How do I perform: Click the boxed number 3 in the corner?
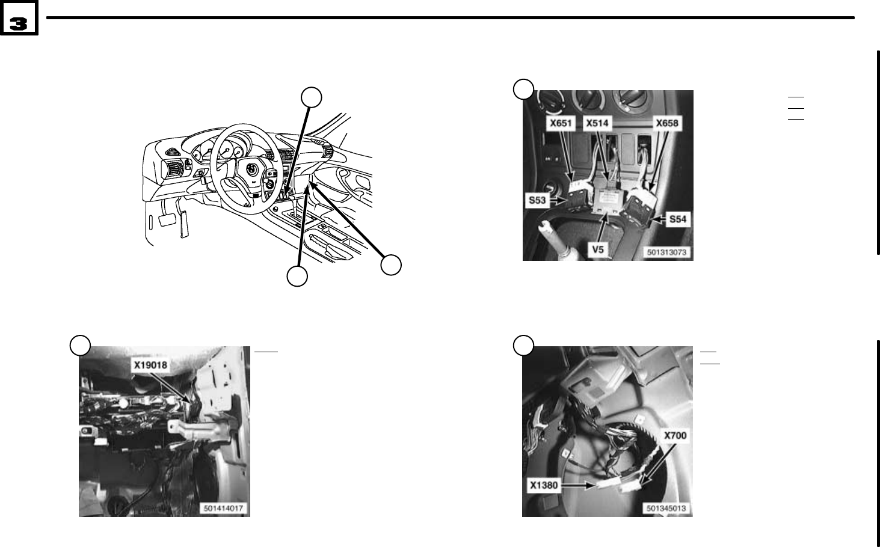(x=19, y=18)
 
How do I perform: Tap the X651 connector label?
(x=561, y=123)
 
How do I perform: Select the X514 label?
(x=597, y=123)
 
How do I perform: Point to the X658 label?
(x=667, y=123)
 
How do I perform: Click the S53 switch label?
(x=537, y=200)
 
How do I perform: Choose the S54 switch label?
(x=678, y=219)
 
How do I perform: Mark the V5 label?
(x=597, y=249)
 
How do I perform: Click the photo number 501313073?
(x=666, y=252)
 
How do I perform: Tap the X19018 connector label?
(x=150, y=365)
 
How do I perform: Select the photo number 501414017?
(x=223, y=508)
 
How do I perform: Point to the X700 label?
(x=675, y=435)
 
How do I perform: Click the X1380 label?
(x=544, y=485)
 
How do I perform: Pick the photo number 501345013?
(x=666, y=508)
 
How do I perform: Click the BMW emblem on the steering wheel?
(x=251, y=170)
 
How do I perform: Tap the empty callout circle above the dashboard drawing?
(x=312, y=97)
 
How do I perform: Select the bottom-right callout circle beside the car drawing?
(x=391, y=265)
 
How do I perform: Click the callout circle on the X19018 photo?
(x=80, y=346)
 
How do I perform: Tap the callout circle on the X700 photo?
(x=523, y=346)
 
